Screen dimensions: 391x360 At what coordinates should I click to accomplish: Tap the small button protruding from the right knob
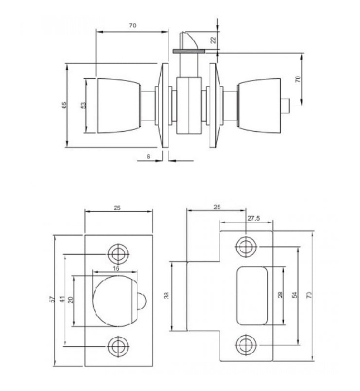coord(286,104)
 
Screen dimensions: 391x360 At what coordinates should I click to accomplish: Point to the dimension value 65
coord(64,106)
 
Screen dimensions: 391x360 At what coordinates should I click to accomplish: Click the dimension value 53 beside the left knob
coord(83,106)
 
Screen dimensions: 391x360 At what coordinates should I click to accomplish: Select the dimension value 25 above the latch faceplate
coord(117,208)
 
